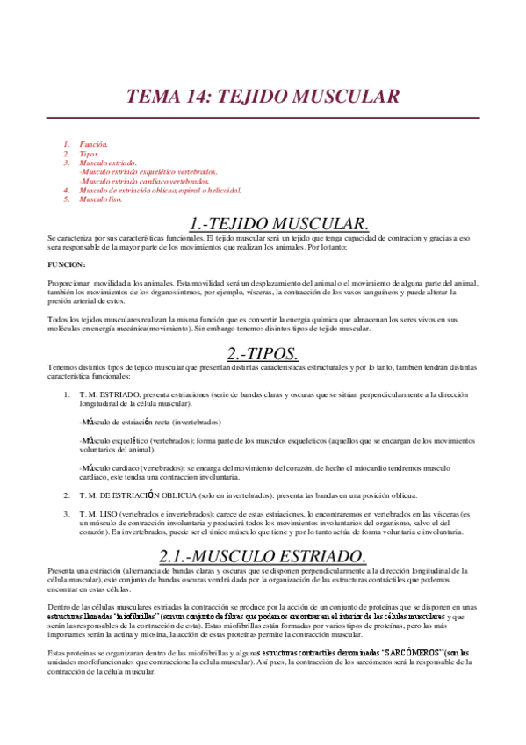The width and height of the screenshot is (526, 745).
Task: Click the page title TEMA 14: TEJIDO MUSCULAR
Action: click(x=263, y=97)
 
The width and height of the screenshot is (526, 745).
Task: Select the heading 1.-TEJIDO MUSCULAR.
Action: click(x=279, y=223)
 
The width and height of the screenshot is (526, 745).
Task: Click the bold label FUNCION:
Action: click(x=67, y=264)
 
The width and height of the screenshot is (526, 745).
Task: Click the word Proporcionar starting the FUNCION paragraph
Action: click(x=68, y=282)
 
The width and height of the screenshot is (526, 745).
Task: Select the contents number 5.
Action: click(x=66, y=199)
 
